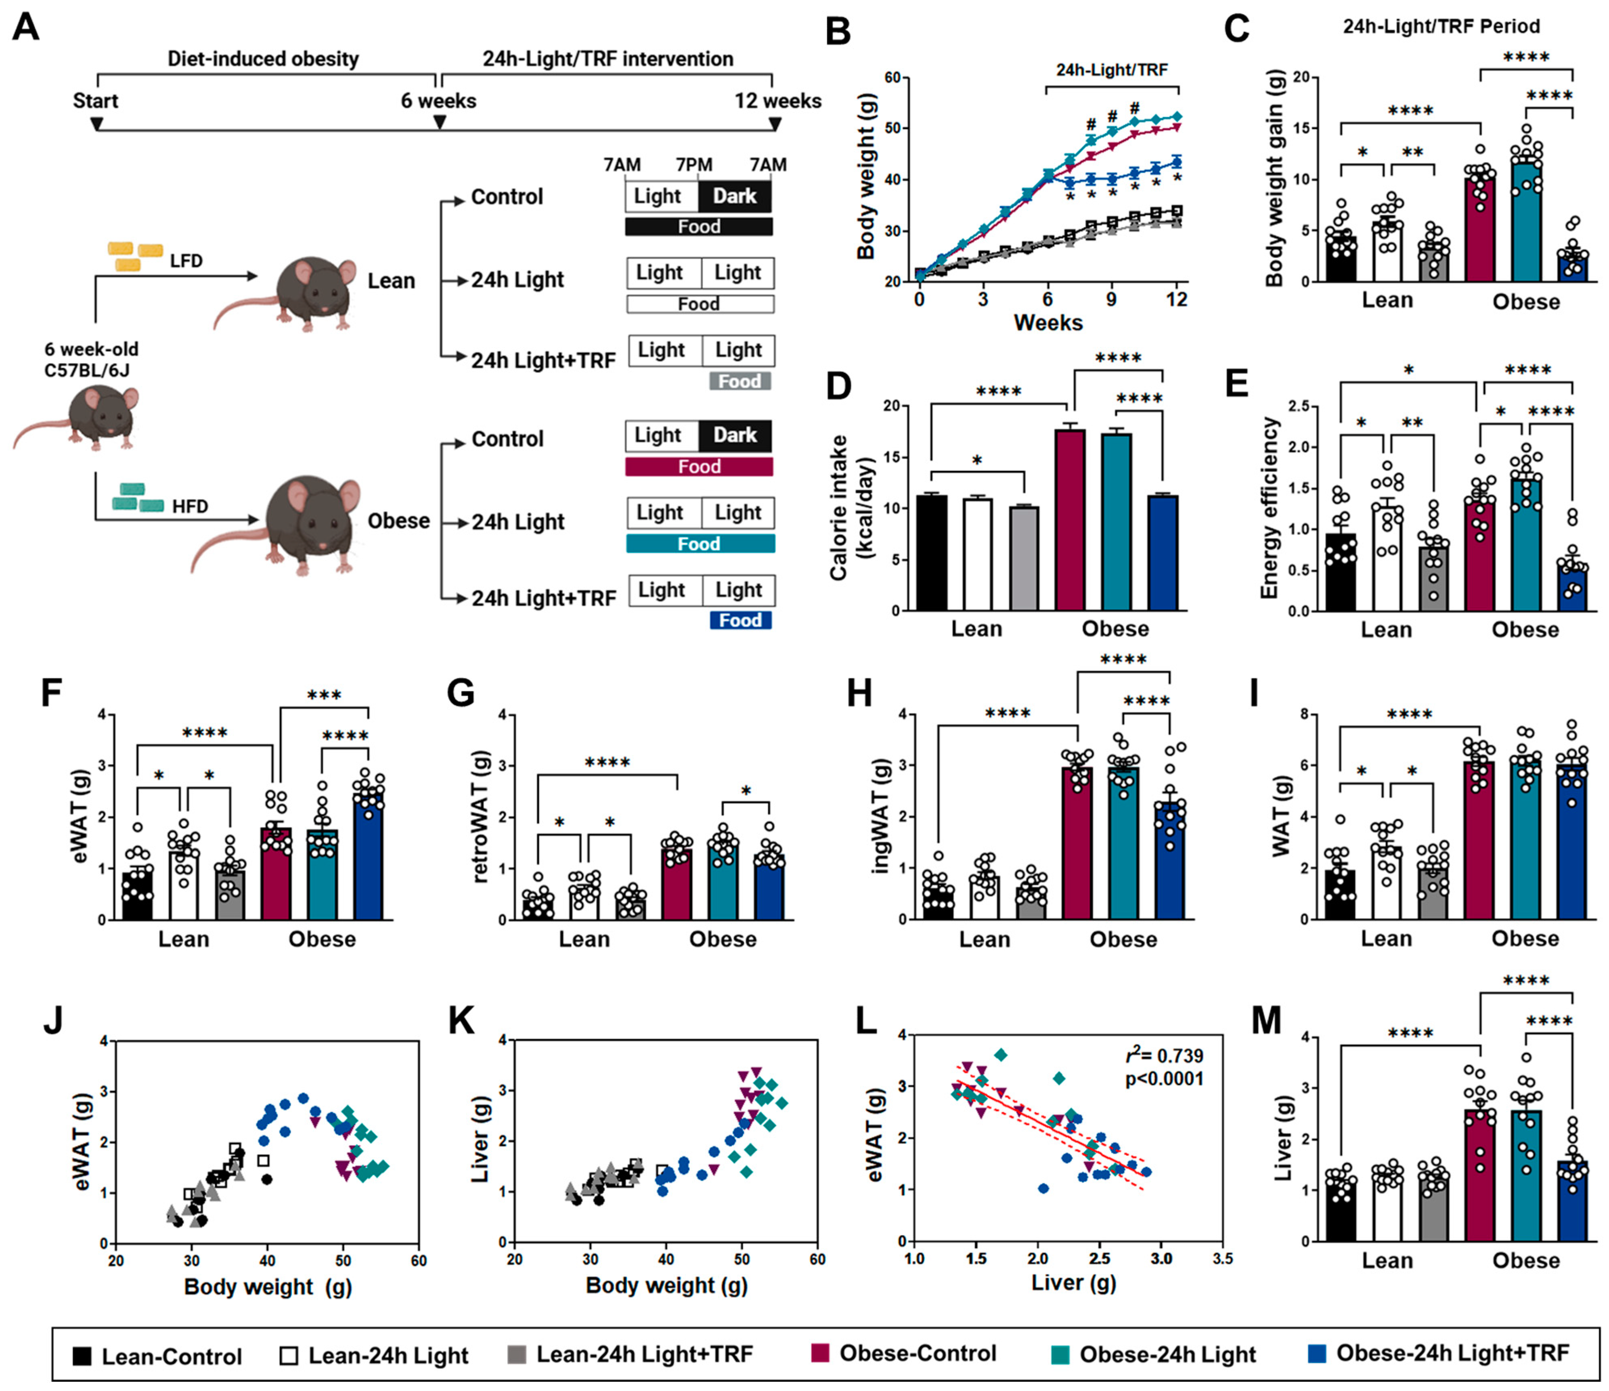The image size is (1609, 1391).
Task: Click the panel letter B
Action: [x=838, y=33]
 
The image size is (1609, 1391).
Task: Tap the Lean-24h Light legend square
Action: [x=289, y=1355]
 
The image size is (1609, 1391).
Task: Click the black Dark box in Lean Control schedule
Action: [x=735, y=197]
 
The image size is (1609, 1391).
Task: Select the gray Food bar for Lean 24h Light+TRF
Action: [x=739, y=381]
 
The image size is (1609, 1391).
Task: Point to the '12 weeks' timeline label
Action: [x=777, y=101]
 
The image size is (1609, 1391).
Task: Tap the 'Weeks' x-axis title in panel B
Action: [x=1048, y=322]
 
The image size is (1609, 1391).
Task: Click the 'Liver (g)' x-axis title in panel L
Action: [x=1073, y=1282]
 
